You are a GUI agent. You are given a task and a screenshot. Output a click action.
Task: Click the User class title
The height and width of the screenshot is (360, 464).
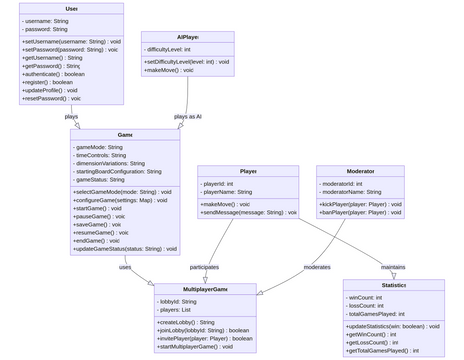(71, 9)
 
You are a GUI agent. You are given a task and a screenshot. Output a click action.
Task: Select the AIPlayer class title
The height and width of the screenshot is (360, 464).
(187, 37)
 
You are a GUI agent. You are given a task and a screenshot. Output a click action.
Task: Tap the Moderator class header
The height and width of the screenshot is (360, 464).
(360, 171)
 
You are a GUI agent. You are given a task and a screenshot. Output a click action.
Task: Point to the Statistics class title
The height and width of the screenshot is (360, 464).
(393, 285)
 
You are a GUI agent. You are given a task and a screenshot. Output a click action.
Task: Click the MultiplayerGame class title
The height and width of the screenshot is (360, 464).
(205, 289)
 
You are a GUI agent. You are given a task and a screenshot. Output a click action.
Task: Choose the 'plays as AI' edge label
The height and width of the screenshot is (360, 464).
(187, 116)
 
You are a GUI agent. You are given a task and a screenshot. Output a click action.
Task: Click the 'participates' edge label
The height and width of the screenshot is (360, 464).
(205, 267)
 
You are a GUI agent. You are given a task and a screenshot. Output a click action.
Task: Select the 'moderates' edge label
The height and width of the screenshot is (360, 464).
(317, 267)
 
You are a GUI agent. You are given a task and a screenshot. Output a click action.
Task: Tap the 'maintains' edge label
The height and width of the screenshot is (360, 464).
(393, 267)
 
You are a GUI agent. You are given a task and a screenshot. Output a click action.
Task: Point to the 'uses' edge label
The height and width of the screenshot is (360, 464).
(125, 267)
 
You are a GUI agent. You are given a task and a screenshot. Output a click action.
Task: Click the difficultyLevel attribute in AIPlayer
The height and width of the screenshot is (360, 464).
(169, 49)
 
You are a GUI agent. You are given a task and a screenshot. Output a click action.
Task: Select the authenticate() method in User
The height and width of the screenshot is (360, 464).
(54, 74)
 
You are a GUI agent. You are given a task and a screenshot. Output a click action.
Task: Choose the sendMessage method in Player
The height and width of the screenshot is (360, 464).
(249, 213)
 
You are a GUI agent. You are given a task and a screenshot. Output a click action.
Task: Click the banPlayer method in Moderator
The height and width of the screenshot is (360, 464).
(361, 213)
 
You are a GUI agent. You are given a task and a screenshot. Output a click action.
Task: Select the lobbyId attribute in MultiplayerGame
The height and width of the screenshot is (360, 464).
(178, 301)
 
